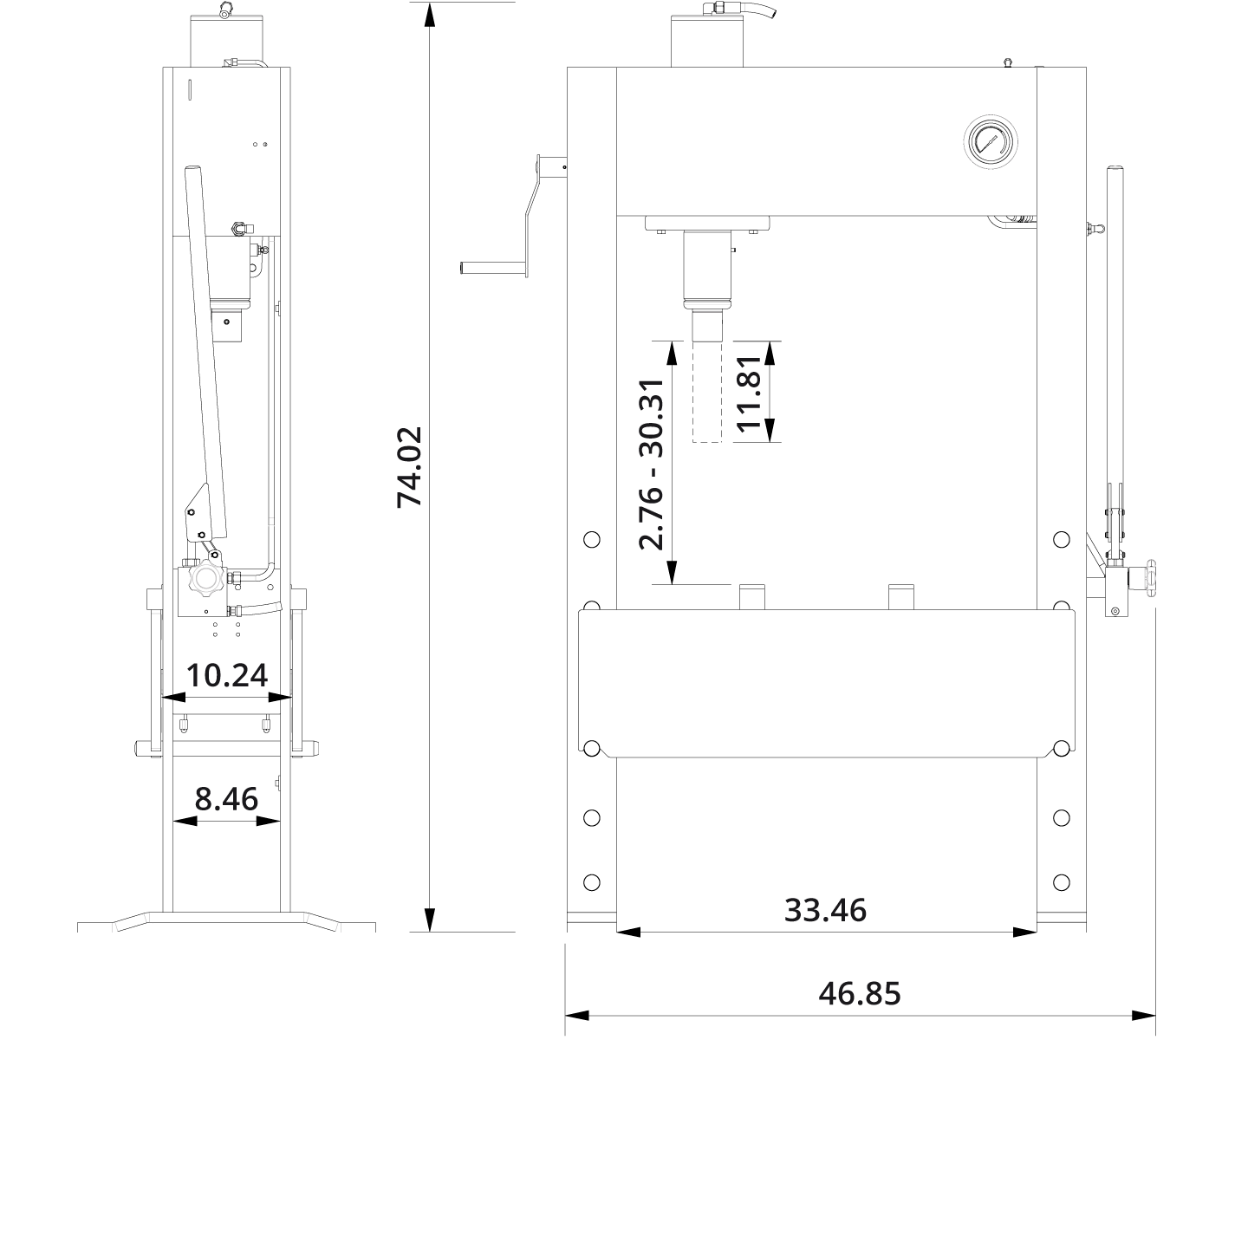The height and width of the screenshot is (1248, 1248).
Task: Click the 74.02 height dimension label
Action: [409, 466]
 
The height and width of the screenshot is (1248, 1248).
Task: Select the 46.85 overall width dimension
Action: [859, 993]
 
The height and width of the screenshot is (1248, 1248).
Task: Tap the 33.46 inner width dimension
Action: [825, 910]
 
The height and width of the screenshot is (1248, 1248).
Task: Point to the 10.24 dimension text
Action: [227, 674]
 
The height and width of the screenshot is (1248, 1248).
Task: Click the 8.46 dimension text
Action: [226, 798]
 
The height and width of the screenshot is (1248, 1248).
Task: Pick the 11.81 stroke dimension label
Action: [747, 392]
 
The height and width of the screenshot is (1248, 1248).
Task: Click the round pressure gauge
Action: [990, 140]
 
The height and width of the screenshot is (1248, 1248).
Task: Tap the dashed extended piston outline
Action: [706, 392]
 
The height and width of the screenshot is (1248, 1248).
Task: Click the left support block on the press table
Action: [751, 597]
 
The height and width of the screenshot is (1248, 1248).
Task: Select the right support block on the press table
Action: [901, 597]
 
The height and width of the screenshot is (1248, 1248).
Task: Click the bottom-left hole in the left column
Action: [592, 882]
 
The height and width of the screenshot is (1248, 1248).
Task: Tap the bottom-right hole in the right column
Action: [1061, 882]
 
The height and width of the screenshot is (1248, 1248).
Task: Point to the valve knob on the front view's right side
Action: [1150, 577]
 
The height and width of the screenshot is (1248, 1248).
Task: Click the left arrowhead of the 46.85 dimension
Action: [577, 1015]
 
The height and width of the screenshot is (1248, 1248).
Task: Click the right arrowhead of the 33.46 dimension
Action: [1024, 933]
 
